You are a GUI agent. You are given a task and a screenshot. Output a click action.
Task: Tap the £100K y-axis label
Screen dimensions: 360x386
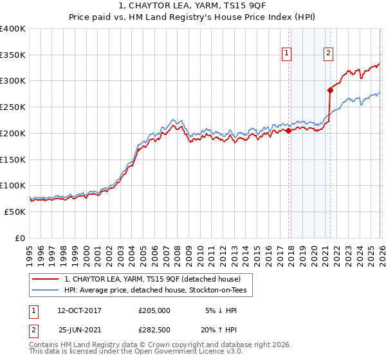(13, 186)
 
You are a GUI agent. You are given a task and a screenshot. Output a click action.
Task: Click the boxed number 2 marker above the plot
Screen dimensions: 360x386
(328, 54)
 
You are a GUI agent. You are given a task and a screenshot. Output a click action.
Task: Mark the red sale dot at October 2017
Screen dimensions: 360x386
(288, 130)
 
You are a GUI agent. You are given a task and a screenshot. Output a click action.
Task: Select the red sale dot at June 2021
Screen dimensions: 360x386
(330, 90)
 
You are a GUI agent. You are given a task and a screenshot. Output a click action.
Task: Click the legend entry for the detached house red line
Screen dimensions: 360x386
(152, 279)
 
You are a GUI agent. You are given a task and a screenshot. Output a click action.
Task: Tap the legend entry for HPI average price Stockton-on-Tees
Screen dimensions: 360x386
(160, 291)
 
